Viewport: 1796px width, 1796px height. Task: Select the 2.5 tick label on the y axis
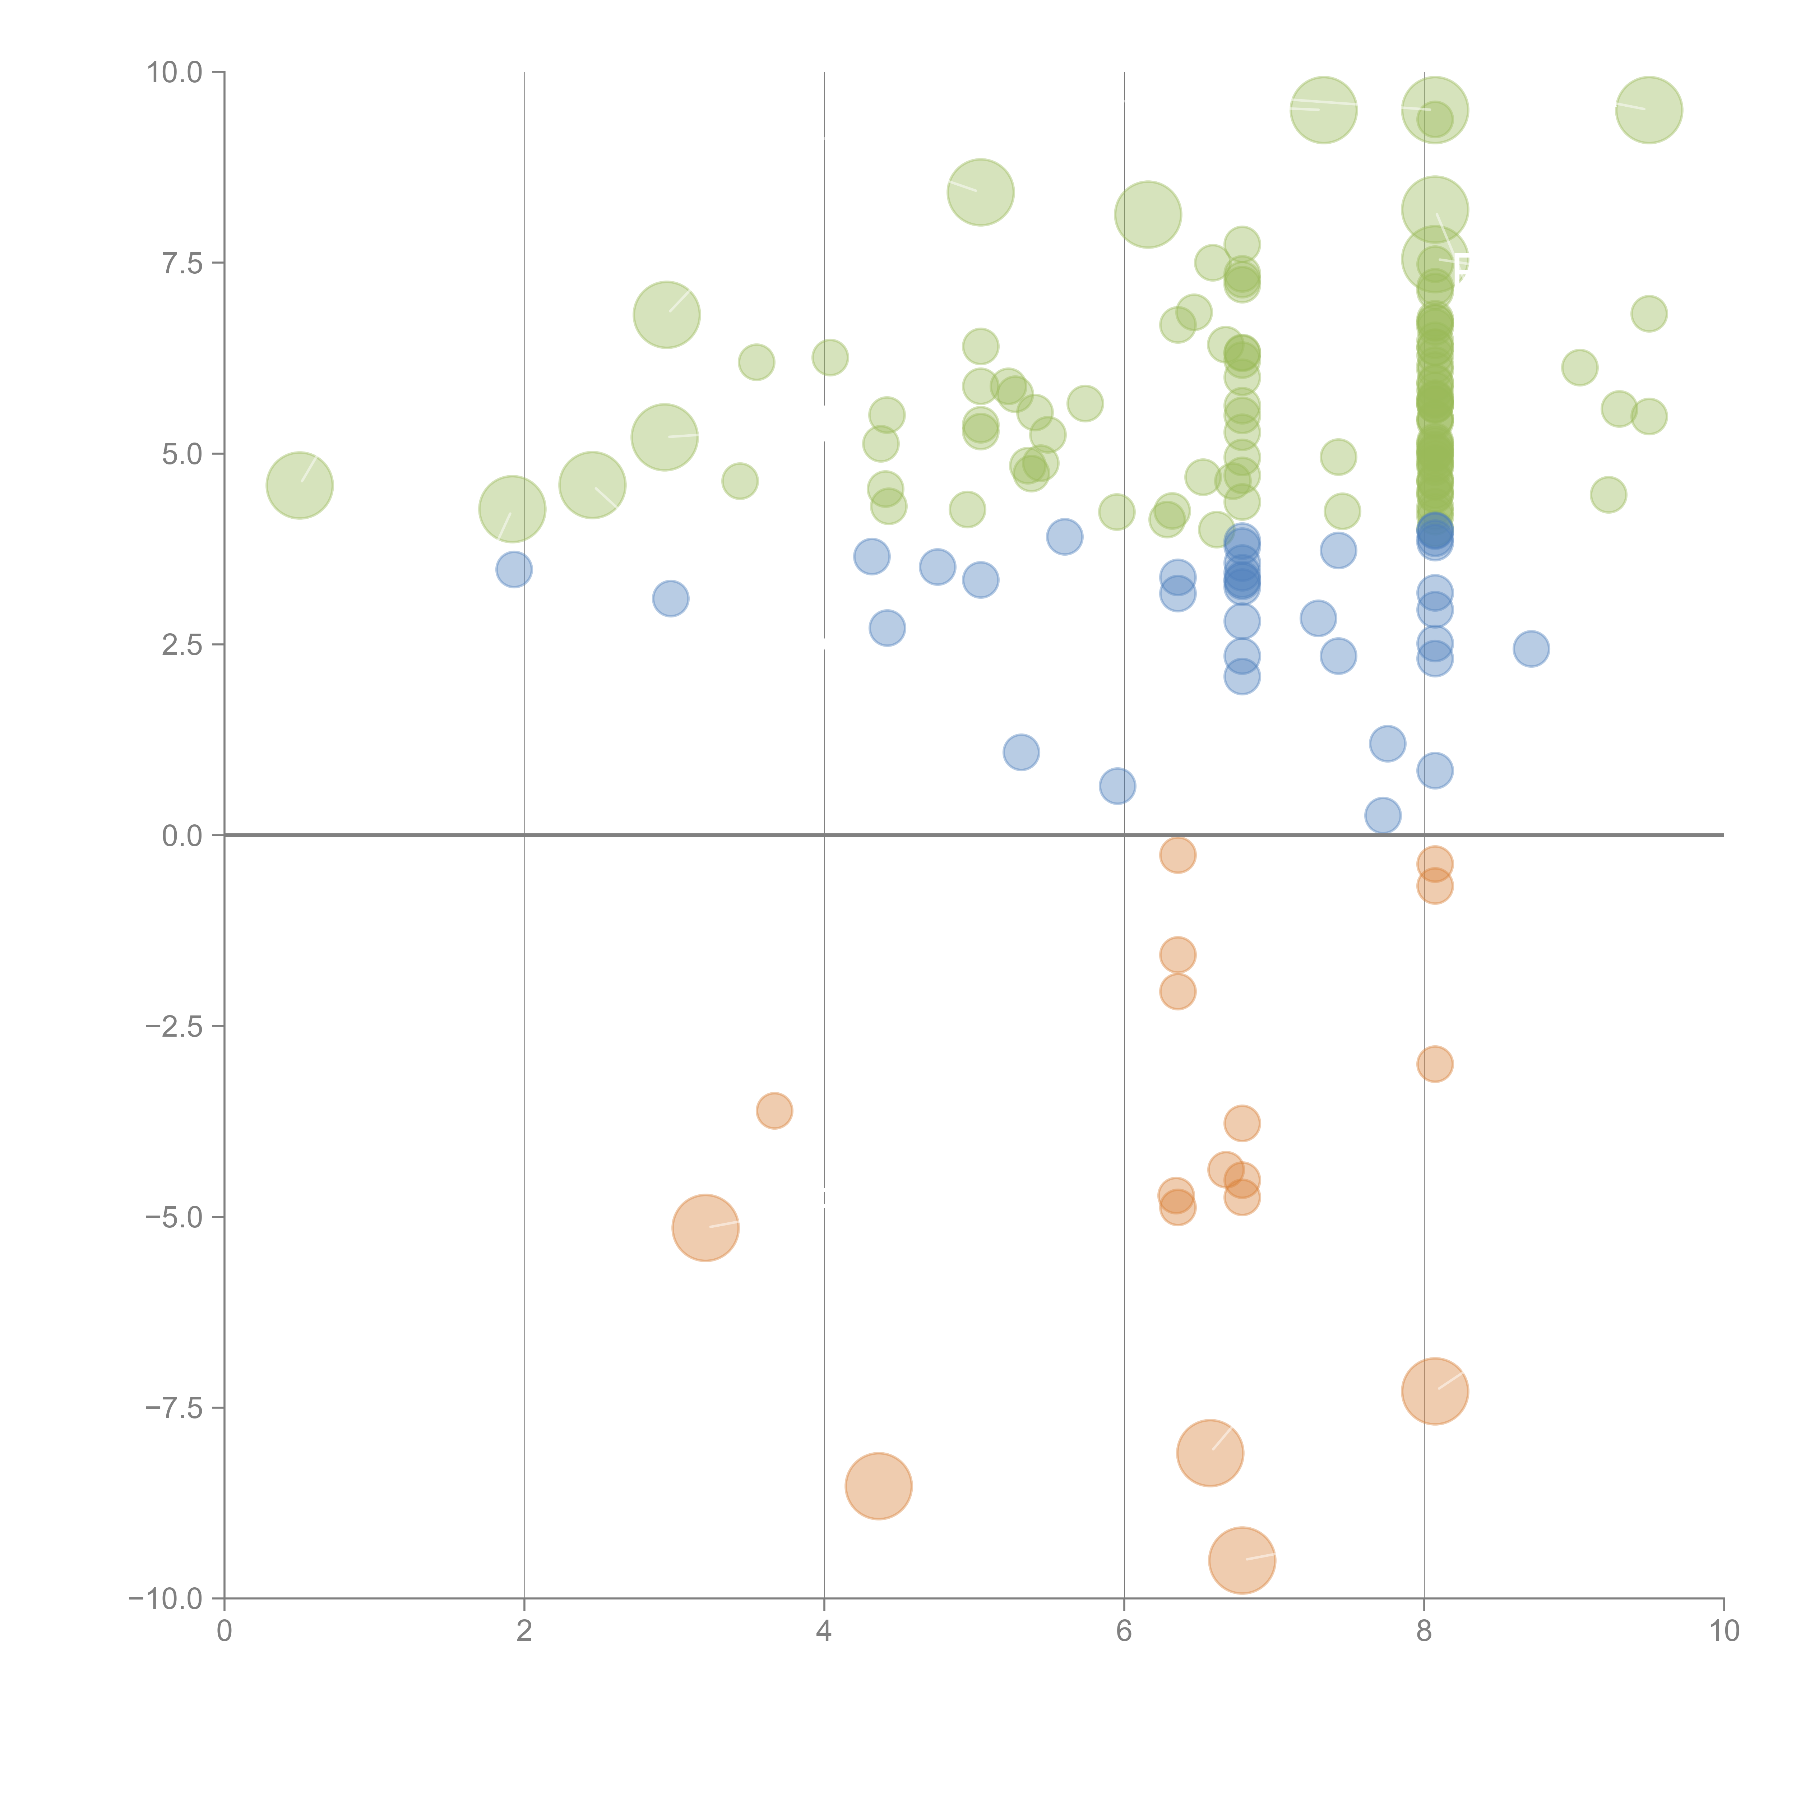[182, 645]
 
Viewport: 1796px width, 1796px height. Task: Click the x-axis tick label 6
[1124, 1631]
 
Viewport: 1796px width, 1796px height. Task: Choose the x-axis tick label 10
[1723, 1631]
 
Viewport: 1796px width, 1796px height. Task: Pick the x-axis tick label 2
[524, 1631]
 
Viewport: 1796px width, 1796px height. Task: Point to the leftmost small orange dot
[774, 1110]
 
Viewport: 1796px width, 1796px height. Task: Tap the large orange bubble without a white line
[879, 1486]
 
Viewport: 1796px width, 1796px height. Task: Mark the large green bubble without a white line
[1148, 215]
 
